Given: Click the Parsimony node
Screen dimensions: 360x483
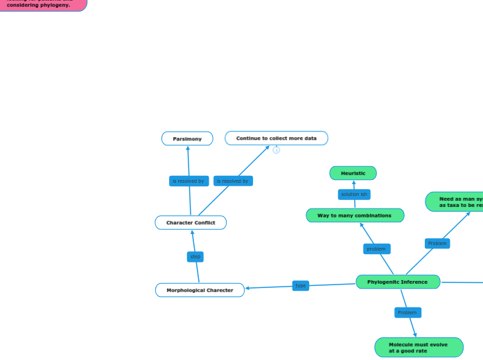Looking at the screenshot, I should pos(187,138).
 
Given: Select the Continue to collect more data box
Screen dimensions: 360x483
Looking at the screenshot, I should pos(276,138).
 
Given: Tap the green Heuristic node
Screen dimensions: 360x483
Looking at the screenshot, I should pos(353,173).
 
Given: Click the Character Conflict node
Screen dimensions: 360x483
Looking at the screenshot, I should pos(191,222).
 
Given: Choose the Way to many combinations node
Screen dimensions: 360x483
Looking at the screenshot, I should pos(354,215).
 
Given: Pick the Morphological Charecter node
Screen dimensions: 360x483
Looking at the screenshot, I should pos(200,290).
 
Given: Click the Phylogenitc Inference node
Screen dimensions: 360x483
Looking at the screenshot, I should pos(397,282).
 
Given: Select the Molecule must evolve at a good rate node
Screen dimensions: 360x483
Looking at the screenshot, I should pos(418,348).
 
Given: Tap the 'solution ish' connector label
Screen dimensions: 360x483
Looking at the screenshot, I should pos(354,195).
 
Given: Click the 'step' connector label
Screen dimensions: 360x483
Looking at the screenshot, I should pos(195,257).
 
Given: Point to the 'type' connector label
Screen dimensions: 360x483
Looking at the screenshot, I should pos(300,285).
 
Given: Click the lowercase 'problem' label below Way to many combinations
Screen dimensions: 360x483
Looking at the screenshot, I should pos(376,249).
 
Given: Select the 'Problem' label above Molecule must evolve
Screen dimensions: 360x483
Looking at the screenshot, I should pos(407,313).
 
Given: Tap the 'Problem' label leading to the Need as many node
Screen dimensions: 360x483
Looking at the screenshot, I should pos(437,244).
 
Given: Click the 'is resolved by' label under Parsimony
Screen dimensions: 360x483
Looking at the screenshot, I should pos(188,181).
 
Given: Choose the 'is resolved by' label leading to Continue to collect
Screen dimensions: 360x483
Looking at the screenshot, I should pos(233,181).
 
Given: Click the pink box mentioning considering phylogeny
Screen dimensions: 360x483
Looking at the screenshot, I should pos(42,4).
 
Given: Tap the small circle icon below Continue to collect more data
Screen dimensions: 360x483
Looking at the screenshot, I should pos(276,150).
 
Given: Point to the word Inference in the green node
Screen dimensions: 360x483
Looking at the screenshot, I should pos(413,282).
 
